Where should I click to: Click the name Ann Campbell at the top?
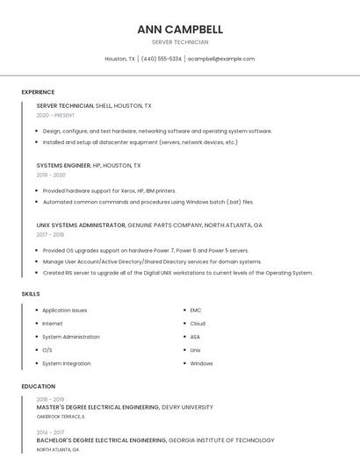[x=180, y=29]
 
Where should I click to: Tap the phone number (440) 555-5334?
[x=162, y=59]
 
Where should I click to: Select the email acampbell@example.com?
[x=221, y=59]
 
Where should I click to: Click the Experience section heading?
[x=38, y=92]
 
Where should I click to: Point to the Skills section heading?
[x=31, y=294]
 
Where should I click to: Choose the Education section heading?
[x=39, y=386]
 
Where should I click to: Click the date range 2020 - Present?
[x=55, y=115]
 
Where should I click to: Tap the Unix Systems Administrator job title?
[x=81, y=225]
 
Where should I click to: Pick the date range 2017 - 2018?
[x=50, y=234]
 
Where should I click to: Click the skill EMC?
[x=196, y=310]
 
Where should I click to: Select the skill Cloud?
[x=198, y=323]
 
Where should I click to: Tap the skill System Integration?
[x=66, y=363]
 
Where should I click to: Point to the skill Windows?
[x=201, y=363]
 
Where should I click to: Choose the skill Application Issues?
[x=64, y=310]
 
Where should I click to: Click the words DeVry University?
[x=187, y=407]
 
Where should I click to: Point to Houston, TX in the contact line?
[x=120, y=59]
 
